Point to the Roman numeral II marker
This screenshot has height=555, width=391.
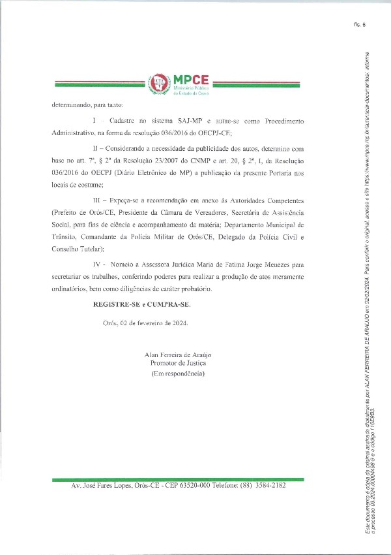[x=96, y=150]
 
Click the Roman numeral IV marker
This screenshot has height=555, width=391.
[x=98, y=265]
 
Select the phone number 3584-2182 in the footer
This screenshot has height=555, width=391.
[x=270, y=486]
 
